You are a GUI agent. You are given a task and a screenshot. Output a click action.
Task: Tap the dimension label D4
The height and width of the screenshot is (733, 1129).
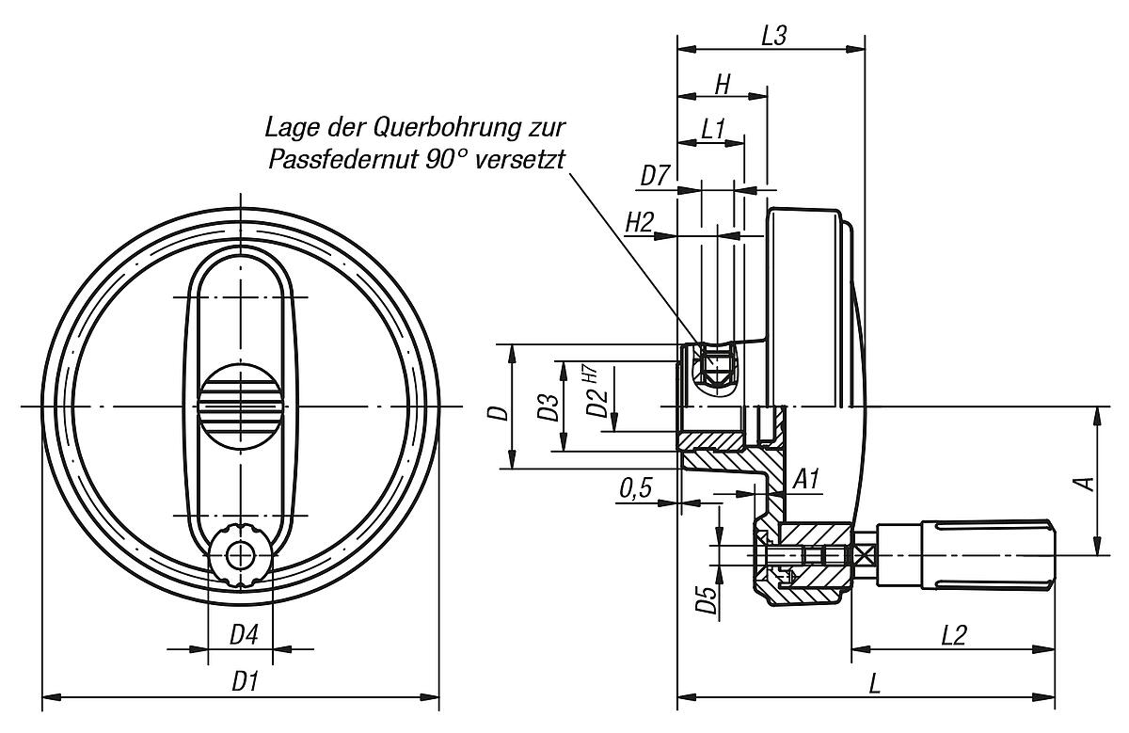[x=244, y=635]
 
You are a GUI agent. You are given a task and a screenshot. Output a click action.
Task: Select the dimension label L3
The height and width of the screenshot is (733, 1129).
[x=773, y=35]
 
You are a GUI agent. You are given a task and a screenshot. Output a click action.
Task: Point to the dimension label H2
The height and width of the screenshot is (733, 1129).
[x=640, y=222]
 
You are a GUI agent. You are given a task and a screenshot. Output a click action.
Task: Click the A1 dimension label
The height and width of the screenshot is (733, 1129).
[x=806, y=480]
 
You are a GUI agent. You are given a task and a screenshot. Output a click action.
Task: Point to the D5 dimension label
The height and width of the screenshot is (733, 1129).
[x=706, y=599]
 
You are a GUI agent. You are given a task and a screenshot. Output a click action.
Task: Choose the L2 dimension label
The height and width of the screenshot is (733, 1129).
[x=954, y=635]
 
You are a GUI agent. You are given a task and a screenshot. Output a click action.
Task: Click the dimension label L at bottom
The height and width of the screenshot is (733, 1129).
[x=874, y=684]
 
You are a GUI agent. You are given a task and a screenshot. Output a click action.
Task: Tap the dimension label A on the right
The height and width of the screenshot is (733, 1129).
[x=1085, y=483]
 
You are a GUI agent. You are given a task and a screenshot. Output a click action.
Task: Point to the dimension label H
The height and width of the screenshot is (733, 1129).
[x=722, y=83]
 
